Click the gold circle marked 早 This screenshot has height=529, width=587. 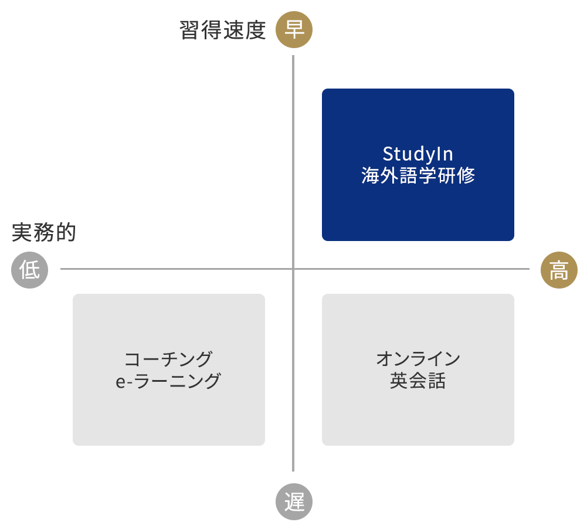pos(294,30)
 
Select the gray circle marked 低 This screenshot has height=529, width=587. pos(29,270)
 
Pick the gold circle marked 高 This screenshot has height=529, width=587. pos(558,270)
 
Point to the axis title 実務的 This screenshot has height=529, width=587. pos(44,232)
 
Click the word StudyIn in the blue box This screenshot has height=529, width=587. pos(418,154)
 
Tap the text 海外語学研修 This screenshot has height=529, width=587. pos(418,175)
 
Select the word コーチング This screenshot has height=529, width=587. pos(168,359)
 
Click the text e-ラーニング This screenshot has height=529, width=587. pos(168,381)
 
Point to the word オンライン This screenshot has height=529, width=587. pos(418,359)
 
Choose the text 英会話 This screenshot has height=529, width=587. pos(418,381)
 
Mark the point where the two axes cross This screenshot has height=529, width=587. pos(293,269)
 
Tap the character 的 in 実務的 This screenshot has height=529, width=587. pos(66,232)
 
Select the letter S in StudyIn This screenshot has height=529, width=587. pos(388,154)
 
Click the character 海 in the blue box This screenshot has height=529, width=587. pos(371,175)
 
